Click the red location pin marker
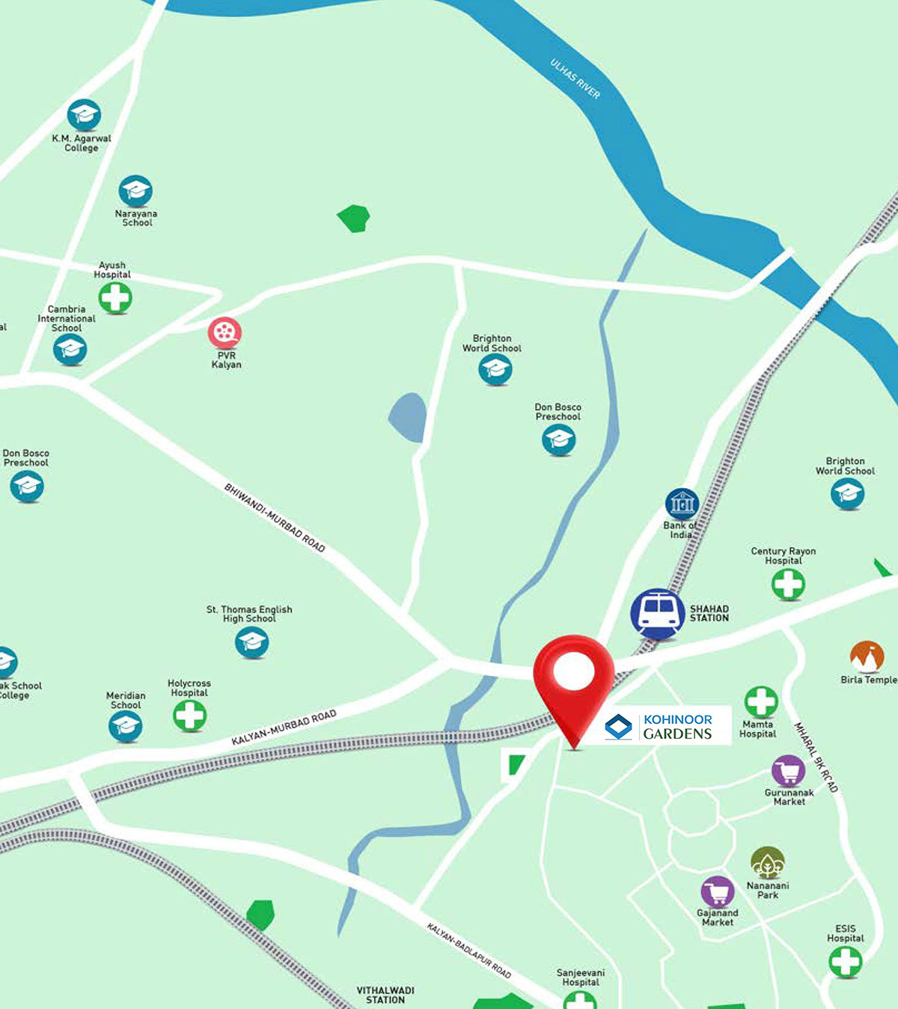pyautogui.click(x=573, y=674)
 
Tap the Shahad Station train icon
pyautogui.click(x=657, y=613)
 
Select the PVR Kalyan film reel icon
pyautogui.click(x=224, y=332)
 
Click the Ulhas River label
pyautogui.click(x=575, y=79)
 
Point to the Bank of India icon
pyautogui.click(x=682, y=504)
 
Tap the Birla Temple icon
pyautogui.click(x=867, y=657)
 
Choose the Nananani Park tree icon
pyautogui.click(x=767, y=863)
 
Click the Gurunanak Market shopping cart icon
pyautogui.click(x=788, y=771)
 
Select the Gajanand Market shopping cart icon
pyautogui.click(x=718, y=891)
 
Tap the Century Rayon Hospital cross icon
pyautogui.click(x=788, y=584)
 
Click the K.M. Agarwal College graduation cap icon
pyautogui.click(x=84, y=115)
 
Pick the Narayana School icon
pyautogui.click(x=135, y=192)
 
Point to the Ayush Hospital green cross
pyautogui.click(x=115, y=298)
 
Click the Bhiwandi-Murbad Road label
pyautogui.click(x=275, y=518)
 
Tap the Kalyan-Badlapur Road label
pyautogui.click(x=469, y=951)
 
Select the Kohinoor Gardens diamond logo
pyautogui.click(x=618, y=726)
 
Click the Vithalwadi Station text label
pyautogui.click(x=385, y=995)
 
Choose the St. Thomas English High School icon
pyautogui.click(x=251, y=642)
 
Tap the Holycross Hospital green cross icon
pyautogui.click(x=189, y=716)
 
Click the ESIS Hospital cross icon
pyautogui.click(x=845, y=962)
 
